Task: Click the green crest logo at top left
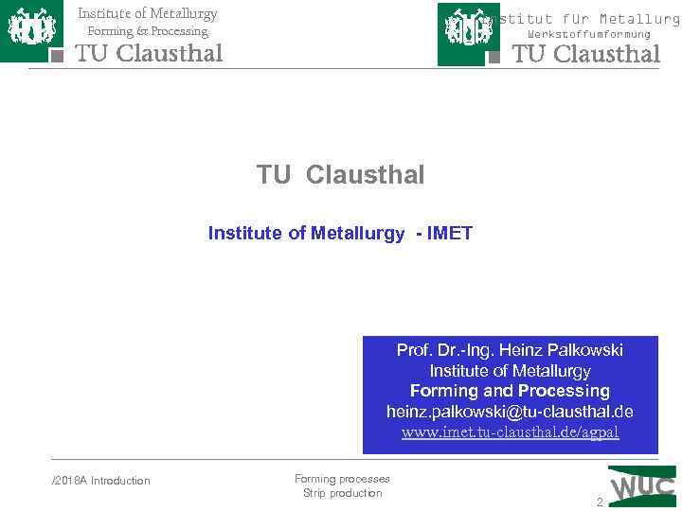point(30,30)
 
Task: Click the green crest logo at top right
point(468,33)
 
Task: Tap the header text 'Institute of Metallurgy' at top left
point(147,13)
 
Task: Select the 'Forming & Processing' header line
point(147,31)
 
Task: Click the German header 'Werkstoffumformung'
point(589,34)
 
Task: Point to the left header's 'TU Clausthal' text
point(149,53)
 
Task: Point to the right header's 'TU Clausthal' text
point(585,54)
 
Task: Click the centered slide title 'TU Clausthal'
point(340,175)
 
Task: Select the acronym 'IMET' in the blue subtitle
point(450,233)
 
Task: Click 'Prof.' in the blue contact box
point(414,350)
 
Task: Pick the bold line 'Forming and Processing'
point(510,391)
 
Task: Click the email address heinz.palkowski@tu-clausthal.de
point(510,412)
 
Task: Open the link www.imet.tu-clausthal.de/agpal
point(510,432)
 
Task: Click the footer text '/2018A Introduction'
point(100,481)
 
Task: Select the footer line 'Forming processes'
point(342,479)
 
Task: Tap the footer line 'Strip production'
point(342,493)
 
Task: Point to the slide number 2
point(599,502)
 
